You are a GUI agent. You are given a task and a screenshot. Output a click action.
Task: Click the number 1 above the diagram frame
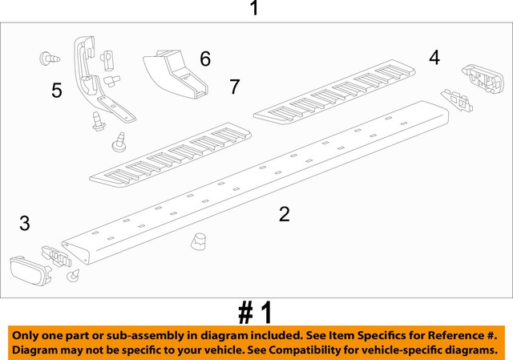click(x=254, y=9)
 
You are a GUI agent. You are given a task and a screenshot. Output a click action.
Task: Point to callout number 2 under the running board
click(x=284, y=214)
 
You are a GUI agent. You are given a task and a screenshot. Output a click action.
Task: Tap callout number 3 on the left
click(x=24, y=224)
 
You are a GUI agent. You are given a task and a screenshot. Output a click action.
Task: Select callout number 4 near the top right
click(x=434, y=57)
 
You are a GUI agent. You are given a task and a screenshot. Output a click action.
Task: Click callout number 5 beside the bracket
click(x=56, y=91)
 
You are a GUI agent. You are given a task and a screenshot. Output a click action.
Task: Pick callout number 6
click(x=205, y=59)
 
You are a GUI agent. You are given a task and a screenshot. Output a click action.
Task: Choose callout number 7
click(x=234, y=87)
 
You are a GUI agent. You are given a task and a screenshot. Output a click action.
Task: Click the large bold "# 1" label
click(x=255, y=313)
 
